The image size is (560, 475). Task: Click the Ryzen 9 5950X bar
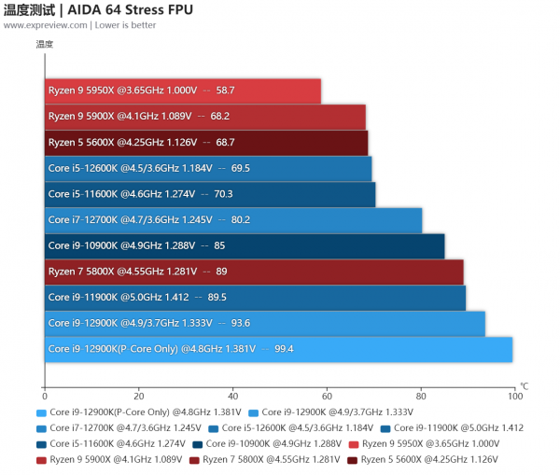(182, 91)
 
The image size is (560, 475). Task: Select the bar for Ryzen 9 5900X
(204, 117)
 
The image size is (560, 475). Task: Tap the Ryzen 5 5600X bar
(205, 143)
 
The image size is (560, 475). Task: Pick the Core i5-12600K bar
(208, 169)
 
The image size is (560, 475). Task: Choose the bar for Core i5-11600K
(210, 194)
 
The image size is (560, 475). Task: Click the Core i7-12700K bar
(233, 220)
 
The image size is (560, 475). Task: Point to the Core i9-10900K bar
(245, 246)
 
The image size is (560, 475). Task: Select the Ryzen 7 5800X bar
(254, 272)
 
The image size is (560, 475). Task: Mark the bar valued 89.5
(255, 298)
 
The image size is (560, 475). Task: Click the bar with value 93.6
(265, 324)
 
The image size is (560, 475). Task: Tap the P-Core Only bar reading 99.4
(278, 349)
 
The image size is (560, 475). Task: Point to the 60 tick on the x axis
(327, 396)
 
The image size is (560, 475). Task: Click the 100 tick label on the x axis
(514, 396)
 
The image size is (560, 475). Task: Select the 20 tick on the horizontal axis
(139, 396)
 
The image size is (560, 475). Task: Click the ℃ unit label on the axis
(524, 385)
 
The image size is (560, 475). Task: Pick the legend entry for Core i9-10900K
(267, 443)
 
